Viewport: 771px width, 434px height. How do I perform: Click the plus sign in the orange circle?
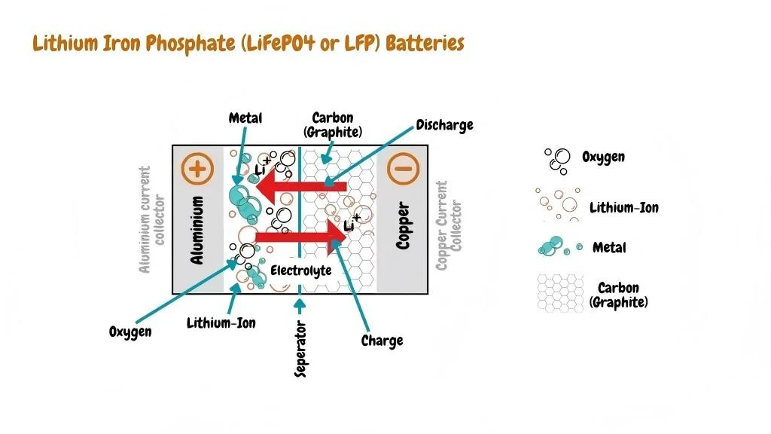click(197, 169)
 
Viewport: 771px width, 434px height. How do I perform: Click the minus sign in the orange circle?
click(404, 168)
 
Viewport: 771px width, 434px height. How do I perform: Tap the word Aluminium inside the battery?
click(197, 230)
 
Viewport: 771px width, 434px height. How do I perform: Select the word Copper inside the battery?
click(403, 225)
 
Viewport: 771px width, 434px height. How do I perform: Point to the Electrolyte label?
click(301, 270)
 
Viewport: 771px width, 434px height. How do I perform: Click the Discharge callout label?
click(444, 125)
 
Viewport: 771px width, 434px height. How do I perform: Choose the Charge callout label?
click(382, 341)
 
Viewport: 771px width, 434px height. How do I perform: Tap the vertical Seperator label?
click(300, 349)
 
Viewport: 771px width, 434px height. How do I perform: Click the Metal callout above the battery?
click(245, 118)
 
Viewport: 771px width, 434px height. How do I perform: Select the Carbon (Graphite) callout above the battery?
click(333, 125)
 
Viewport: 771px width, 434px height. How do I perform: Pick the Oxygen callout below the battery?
click(130, 332)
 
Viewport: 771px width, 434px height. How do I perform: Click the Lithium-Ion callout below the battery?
click(221, 322)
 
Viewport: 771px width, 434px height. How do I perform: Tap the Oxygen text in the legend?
click(603, 157)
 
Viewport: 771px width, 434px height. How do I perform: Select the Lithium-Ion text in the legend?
click(624, 208)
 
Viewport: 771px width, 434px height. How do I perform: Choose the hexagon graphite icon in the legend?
click(560, 293)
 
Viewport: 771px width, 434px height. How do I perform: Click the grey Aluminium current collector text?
click(152, 219)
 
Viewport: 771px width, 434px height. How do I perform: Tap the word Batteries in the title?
click(425, 43)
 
